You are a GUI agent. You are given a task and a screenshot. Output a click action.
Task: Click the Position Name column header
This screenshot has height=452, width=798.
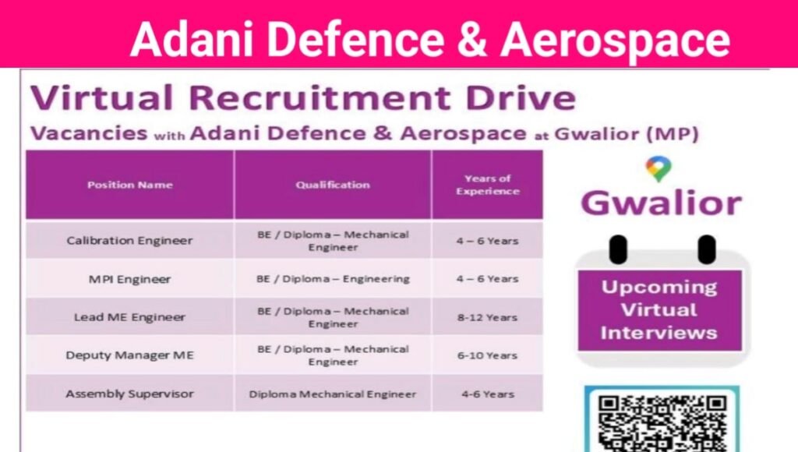point(129,185)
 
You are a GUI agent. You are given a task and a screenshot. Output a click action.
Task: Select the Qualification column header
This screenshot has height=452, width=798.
point(332,185)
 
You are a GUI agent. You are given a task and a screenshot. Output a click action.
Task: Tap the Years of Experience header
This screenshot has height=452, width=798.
point(488,185)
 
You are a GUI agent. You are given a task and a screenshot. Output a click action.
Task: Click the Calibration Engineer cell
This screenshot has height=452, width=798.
point(129,240)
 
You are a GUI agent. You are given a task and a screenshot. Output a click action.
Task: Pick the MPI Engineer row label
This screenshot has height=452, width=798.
point(129,278)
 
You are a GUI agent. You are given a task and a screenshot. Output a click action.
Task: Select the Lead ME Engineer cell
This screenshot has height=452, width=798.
point(129,317)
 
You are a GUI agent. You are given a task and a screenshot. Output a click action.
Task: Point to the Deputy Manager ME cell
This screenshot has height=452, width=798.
point(129,355)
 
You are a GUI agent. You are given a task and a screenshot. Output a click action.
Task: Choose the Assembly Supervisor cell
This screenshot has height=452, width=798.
point(129,394)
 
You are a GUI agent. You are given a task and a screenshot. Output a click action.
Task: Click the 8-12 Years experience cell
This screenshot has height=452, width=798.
point(488,317)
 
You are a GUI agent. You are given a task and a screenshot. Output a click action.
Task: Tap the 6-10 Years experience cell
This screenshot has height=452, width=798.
point(488,355)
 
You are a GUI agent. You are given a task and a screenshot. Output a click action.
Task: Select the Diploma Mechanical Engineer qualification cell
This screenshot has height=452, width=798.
point(332,394)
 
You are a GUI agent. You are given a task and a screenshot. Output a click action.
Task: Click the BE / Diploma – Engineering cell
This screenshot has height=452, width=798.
point(332,278)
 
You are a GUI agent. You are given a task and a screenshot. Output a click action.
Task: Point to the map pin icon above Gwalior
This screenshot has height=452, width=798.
point(659,169)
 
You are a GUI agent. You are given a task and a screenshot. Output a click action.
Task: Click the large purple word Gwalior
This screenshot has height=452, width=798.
point(661,203)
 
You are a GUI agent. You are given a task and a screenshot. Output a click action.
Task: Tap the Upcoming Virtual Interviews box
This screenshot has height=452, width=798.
point(659,309)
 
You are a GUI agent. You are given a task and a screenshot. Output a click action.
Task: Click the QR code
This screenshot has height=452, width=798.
point(661,421)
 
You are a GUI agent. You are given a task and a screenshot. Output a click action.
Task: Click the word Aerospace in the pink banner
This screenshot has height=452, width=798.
point(616,39)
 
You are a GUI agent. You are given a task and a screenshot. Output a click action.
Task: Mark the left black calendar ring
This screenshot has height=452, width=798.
point(617,249)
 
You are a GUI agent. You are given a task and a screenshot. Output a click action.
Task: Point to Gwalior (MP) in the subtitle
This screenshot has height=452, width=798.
point(626,133)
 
